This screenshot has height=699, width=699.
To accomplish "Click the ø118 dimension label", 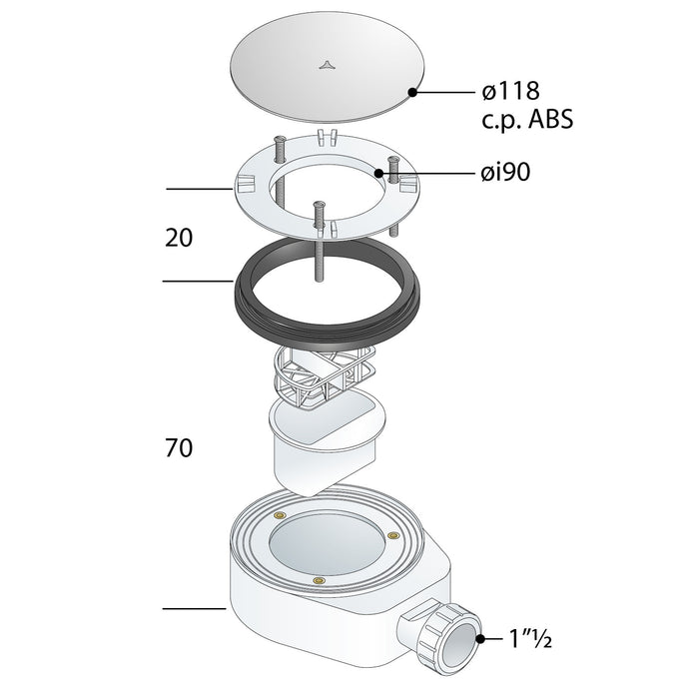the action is (x=511, y=92).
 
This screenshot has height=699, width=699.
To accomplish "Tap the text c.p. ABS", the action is (x=527, y=119).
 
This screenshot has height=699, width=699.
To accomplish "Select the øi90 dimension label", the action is (x=506, y=172).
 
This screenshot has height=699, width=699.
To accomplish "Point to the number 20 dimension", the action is (x=179, y=238).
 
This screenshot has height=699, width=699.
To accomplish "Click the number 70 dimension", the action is (x=179, y=448).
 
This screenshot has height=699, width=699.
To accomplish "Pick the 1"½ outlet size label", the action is (x=530, y=639).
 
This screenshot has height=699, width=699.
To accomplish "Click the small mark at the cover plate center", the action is (x=326, y=66).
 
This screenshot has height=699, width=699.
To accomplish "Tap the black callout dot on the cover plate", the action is (x=412, y=92).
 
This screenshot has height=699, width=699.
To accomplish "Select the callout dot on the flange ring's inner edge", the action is (x=378, y=173).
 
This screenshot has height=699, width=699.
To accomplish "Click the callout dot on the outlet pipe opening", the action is (x=480, y=639).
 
